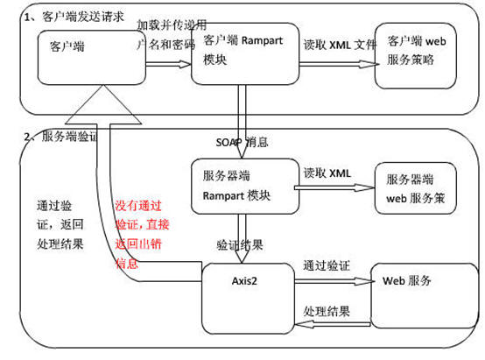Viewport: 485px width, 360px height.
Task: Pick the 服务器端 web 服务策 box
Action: pos(416,187)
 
